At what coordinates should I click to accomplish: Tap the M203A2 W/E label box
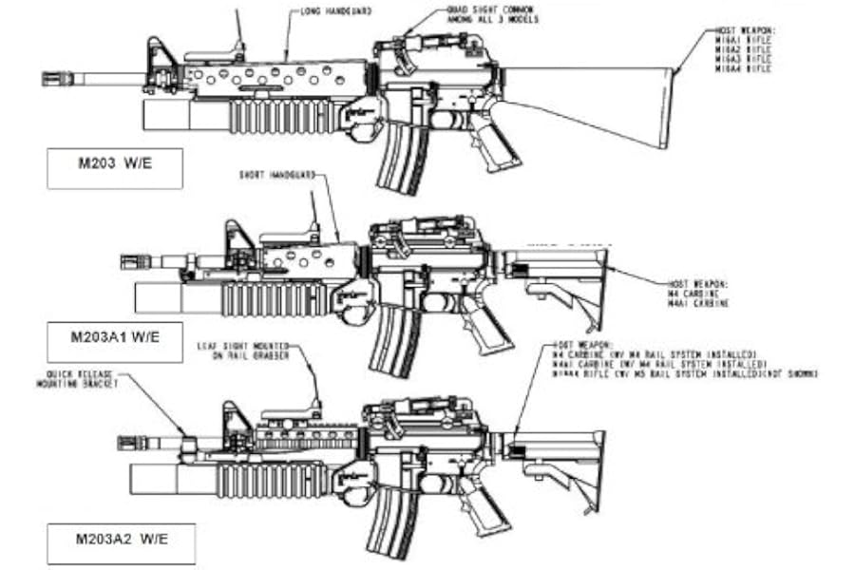click(121, 542)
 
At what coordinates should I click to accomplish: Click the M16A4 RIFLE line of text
click(746, 69)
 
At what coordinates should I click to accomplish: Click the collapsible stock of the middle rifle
click(560, 275)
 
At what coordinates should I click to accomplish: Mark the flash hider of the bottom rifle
click(133, 443)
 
